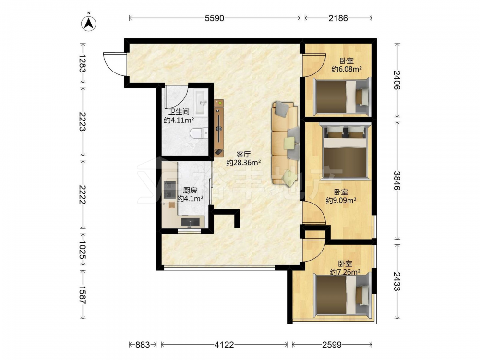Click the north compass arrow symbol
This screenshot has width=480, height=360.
(89, 23)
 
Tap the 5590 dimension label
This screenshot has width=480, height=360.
(214, 18)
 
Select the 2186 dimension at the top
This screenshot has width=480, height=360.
(338, 18)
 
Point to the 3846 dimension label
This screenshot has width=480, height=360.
(397, 180)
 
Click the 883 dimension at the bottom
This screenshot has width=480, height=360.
(143, 345)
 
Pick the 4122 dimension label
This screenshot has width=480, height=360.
(224, 345)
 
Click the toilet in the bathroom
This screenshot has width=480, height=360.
(199, 133)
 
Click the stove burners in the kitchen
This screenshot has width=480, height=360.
(169, 190)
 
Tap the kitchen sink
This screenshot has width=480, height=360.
(192, 221)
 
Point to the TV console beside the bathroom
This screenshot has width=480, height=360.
(219, 128)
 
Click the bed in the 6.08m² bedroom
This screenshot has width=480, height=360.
(341, 96)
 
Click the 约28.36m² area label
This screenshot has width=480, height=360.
(243, 163)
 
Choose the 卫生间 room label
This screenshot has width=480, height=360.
(179, 112)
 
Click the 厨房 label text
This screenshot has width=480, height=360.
(190, 191)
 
